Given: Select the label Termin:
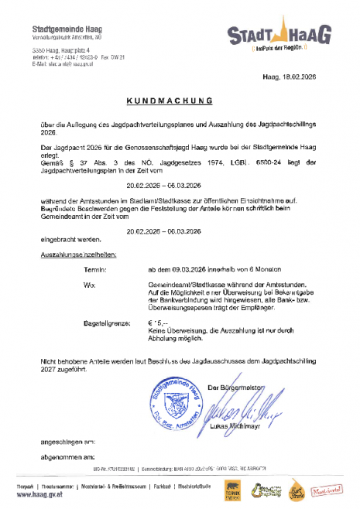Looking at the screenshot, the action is [94, 269].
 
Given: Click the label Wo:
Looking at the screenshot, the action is [88, 285].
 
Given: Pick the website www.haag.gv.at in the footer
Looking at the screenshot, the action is [39, 494].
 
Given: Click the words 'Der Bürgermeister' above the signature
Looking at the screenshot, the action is [235, 386].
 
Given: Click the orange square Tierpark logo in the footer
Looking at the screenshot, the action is [233, 489].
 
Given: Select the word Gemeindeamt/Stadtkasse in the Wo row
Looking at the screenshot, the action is [183, 285].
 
